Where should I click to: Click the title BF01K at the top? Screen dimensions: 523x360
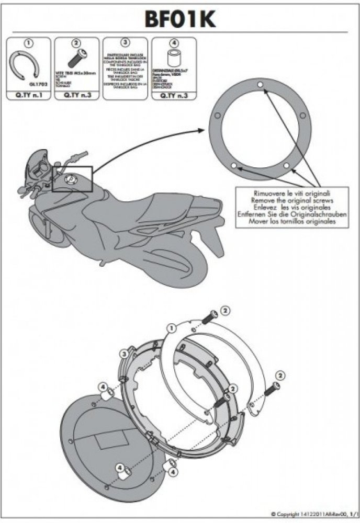tap(180, 19)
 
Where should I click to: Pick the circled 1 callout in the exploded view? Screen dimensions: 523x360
tap(171, 328)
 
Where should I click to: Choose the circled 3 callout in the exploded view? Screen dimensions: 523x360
tap(124, 355)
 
